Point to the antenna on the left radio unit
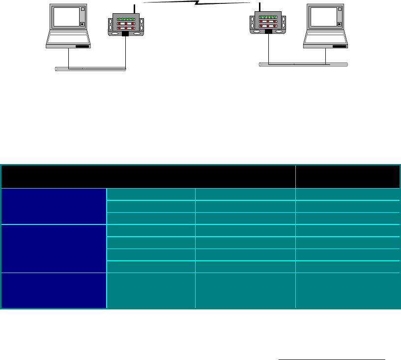pos(134,7)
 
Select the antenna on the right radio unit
pos(256,6)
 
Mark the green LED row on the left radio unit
pos(126,19)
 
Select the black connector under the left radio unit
pos(126,34)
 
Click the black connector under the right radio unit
pos(268,31)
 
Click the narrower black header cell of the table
pos(347,176)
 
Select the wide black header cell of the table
pos(148,176)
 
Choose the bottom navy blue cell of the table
pos(54,290)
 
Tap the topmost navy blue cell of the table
pos(54,206)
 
